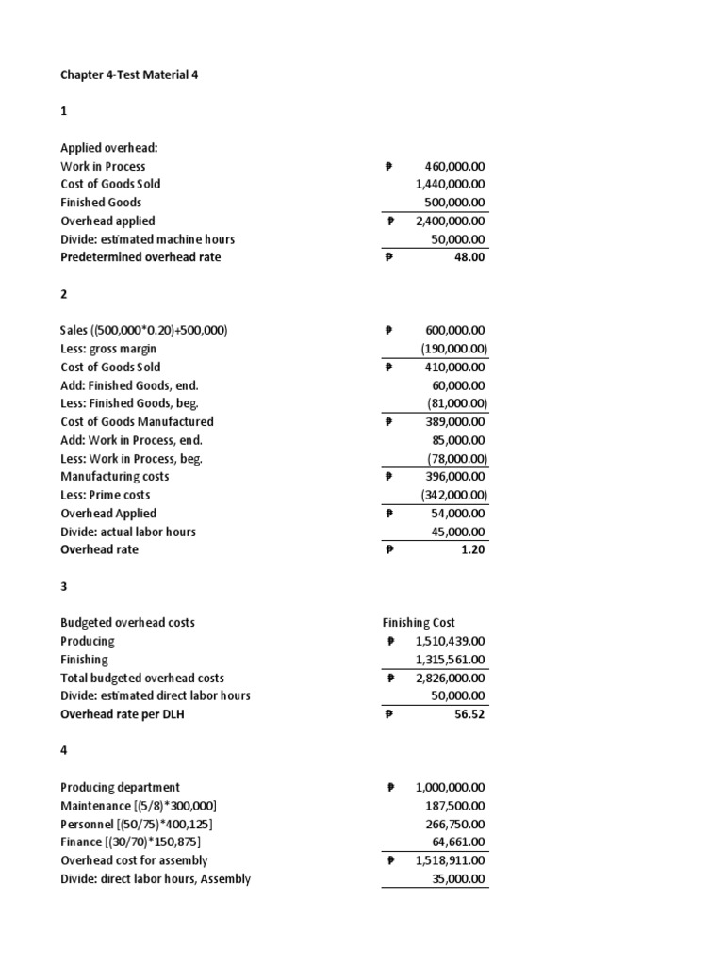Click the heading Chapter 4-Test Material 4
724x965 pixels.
129,74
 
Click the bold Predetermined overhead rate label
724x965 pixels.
140,257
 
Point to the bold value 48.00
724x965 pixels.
470,257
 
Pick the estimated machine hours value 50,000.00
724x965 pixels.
457,239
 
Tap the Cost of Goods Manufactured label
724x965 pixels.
137,422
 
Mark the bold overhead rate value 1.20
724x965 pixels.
473,549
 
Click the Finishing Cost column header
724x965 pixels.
419,623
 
